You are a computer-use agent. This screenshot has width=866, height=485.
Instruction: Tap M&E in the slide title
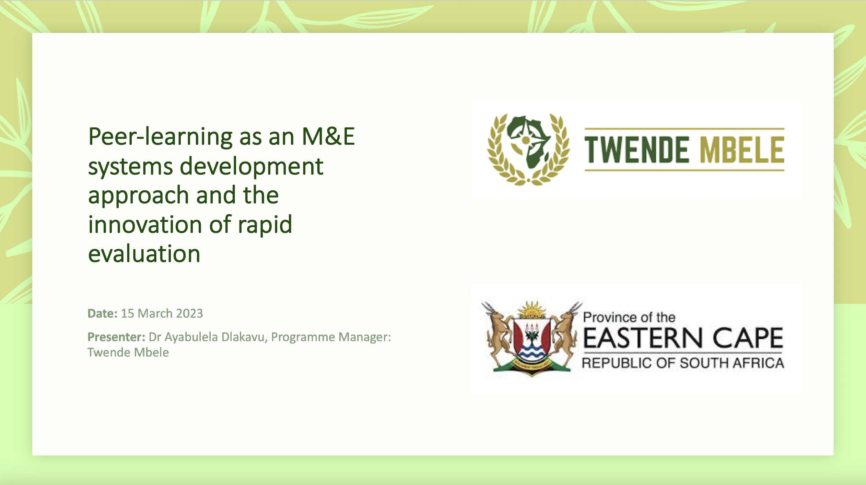click(x=328, y=137)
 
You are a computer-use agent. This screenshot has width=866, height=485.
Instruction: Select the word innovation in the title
click(x=145, y=225)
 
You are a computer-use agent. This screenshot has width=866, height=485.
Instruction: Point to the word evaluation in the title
click(x=144, y=254)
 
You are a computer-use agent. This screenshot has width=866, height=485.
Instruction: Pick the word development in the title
click(x=251, y=166)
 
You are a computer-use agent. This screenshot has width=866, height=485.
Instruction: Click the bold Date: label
click(x=103, y=314)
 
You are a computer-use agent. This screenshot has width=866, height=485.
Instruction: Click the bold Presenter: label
click(x=117, y=337)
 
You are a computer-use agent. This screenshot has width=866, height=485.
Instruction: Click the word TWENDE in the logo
click(x=636, y=150)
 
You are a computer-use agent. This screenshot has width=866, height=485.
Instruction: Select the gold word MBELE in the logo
click(x=742, y=150)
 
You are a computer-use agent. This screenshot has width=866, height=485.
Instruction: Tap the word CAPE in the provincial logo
click(x=748, y=338)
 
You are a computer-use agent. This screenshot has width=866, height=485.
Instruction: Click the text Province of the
click(x=629, y=317)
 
